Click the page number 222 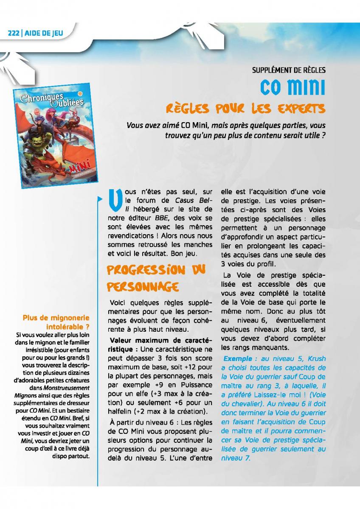coord(14,34)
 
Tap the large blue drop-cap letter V coord(112,202)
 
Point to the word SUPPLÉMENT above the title coord(268,70)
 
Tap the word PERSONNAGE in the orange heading coord(142,287)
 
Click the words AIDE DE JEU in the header coord(45,34)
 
